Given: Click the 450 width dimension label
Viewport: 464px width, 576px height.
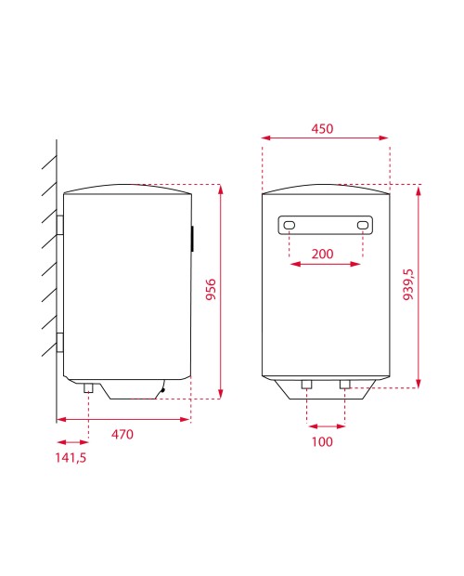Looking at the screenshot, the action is click(322, 128).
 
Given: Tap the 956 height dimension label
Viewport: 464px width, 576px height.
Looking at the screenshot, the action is click(211, 290).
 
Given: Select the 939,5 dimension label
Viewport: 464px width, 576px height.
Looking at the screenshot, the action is click(408, 284).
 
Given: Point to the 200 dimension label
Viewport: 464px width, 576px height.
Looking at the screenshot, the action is click(322, 254).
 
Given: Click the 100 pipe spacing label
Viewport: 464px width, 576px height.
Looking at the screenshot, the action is click(322, 441).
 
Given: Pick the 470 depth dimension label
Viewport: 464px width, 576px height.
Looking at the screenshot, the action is click(122, 435).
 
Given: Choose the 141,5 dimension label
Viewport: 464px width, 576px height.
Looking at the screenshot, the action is click(71, 458).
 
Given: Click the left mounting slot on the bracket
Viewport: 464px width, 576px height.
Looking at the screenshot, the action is click(290, 225).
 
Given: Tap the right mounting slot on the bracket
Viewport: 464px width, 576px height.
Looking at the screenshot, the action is click(363, 225).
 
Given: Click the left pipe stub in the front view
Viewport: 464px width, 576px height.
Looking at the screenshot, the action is click(306, 385).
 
